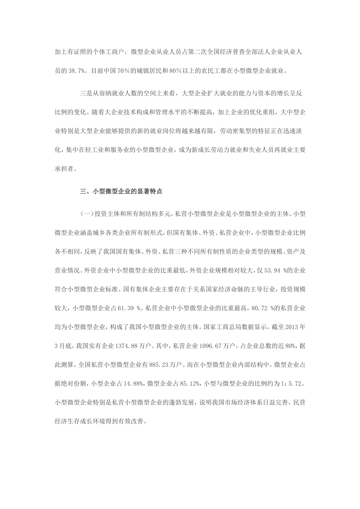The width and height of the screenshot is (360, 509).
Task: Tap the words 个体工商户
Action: tap(108, 51)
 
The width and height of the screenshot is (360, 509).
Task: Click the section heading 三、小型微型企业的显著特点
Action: tap(121, 192)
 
